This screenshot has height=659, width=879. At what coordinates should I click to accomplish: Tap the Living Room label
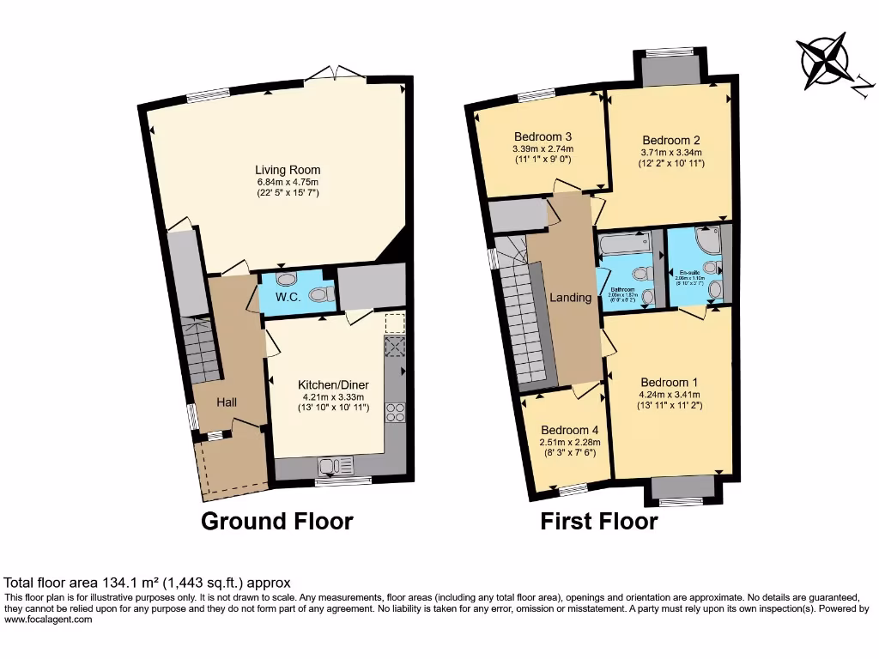[288, 170]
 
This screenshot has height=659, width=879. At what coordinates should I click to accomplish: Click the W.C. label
[287, 298]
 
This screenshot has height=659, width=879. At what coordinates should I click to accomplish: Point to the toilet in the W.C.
[320, 295]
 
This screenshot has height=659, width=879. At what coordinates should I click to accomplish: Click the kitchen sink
[336, 467]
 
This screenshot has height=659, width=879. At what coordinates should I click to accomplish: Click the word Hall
[227, 402]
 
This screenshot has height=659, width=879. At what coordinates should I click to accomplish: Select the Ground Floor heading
[276, 521]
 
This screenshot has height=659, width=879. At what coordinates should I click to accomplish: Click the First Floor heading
[598, 521]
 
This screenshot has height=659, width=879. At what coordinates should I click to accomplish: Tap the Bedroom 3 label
[543, 136]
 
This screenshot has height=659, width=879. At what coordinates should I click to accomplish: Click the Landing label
[571, 298]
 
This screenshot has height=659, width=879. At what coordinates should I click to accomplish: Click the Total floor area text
[148, 581]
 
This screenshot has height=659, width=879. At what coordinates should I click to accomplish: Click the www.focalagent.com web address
[48, 619]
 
